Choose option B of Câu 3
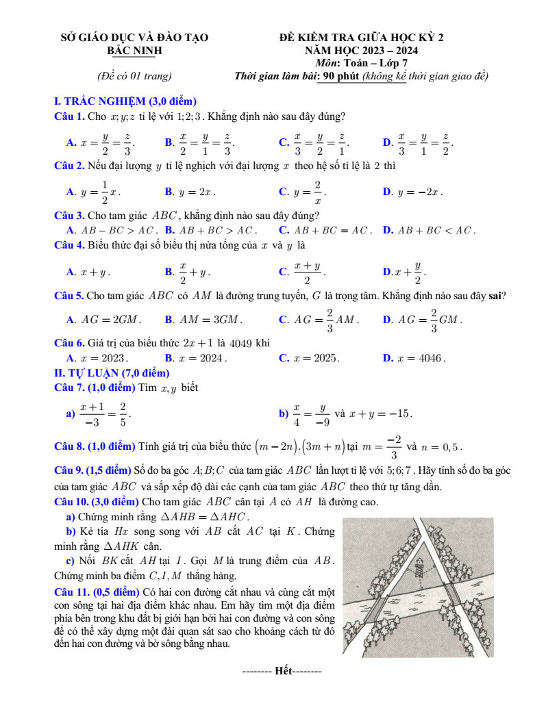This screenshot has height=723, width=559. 169,229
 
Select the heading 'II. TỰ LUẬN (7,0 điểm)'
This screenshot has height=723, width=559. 111,372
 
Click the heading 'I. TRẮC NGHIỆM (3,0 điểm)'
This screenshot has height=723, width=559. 125,101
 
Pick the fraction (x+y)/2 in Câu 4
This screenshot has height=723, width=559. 308,272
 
